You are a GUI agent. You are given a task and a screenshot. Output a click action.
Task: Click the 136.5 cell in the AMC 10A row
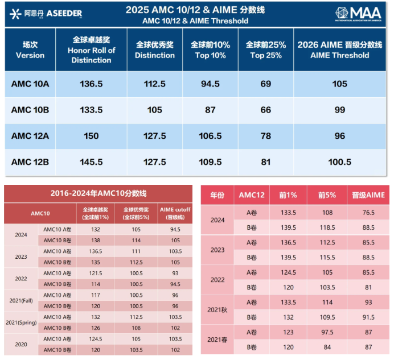91,84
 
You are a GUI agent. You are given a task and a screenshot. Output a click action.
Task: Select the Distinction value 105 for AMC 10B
154,110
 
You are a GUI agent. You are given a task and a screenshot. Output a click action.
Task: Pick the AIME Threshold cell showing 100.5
339,162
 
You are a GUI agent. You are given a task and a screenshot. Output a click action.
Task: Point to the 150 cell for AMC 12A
91,136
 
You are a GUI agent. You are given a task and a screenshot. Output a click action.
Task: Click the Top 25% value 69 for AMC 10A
265,84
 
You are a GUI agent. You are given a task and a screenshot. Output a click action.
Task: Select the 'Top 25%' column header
266,50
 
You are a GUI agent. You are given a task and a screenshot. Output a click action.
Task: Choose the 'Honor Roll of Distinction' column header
91,50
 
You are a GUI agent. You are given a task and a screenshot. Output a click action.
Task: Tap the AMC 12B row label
30,162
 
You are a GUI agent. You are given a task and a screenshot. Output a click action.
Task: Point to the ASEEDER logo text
64,13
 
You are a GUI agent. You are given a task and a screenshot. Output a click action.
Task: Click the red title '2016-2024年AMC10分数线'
100,193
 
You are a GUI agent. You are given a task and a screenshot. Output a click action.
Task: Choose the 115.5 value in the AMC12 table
327,258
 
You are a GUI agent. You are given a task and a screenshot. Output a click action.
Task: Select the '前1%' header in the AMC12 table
288,196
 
